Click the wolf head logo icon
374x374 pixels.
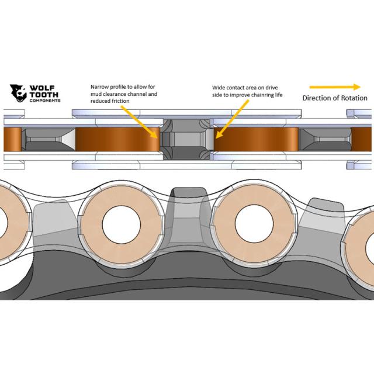pos(18,93)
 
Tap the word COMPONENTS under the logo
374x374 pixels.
pos(44,101)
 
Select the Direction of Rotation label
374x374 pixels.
pos(335,98)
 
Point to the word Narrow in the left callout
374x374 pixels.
pos(101,87)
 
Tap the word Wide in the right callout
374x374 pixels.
pos(219,87)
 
